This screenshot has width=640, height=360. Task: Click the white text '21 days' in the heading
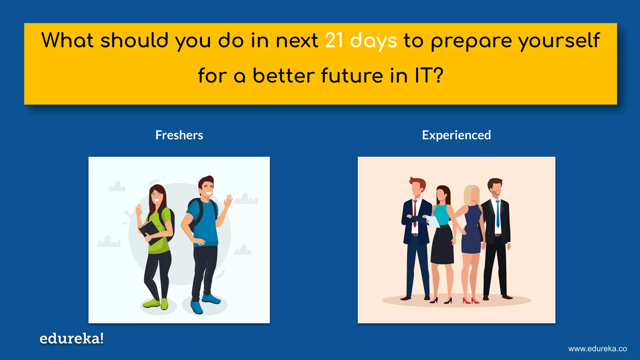(x=361, y=41)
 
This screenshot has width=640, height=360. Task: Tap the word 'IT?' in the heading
(x=429, y=76)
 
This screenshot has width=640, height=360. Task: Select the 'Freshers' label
(x=179, y=135)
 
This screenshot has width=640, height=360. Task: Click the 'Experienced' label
(x=456, y=135)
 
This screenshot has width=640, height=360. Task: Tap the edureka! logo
(x=72, y=338)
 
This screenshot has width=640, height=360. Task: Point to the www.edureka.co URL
(x=597, y=349)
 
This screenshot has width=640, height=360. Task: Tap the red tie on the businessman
(x=415, y=212)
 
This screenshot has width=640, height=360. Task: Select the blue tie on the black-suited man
(x=498, y=214)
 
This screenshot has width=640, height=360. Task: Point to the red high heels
(x=471, y=301)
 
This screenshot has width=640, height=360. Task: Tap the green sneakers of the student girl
(x=156, y=303)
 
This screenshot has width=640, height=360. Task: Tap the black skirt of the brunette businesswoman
(x=442, y=245)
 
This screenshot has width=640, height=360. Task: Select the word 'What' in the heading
(x=67, y=41)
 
